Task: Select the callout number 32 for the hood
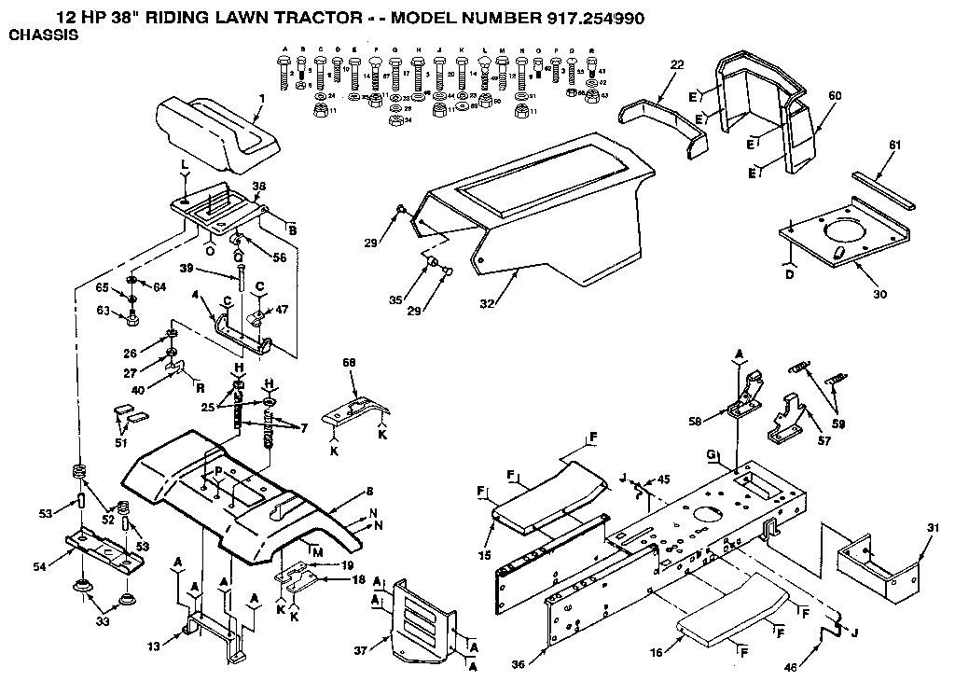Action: coord(486,303)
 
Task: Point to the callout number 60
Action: coord(835,95)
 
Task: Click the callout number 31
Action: coord(934,528)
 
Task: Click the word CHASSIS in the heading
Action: coord(43,35)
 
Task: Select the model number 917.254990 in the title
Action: coord(581,17)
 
